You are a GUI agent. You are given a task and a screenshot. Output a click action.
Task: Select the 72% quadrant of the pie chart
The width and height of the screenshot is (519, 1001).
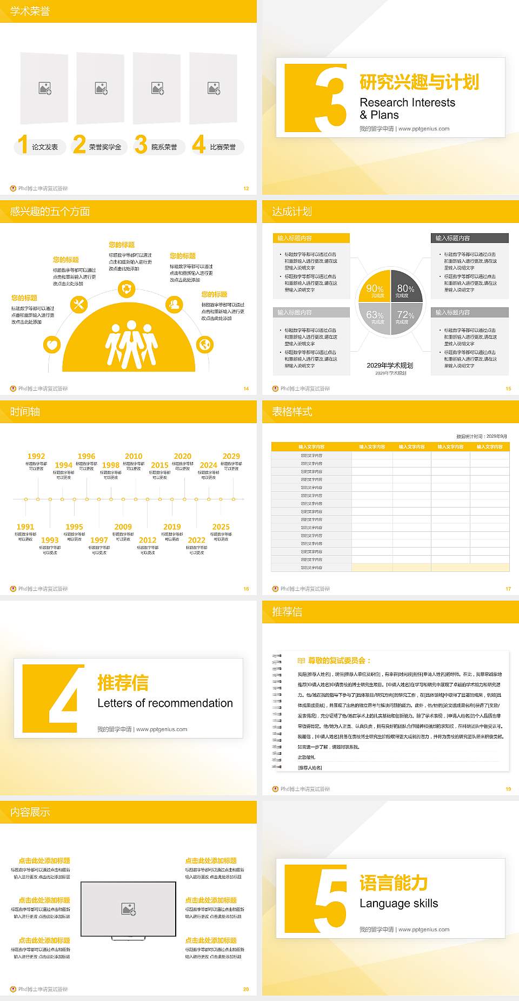pyautogui.click(x=405, y=317)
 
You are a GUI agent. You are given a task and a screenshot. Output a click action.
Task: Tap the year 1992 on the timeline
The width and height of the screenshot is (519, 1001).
pyautogui.click(x=36, y=456)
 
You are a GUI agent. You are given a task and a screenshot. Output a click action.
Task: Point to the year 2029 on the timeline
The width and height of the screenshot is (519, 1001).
pyautogui.click(x=231, y=456)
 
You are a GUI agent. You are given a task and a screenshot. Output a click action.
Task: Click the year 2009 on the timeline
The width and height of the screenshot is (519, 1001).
pyautogui.click(x=123, y=526)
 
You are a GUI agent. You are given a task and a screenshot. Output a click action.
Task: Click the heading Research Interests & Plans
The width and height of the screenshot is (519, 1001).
pyautogui.click(x=407, y=108)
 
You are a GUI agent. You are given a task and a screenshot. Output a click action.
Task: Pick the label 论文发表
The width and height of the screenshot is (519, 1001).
pyautogui.click(x=44, y=147)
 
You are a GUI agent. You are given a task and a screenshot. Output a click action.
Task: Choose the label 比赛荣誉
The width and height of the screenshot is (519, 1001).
pyautogui.click(x=223, y=147)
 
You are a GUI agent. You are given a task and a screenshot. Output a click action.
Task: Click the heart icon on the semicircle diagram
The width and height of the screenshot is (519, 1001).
pyautogui.click(x=52, y=344)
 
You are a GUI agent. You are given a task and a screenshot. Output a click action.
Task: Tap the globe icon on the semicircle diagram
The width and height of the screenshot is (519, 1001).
pyautogui.click(x=205, y=344)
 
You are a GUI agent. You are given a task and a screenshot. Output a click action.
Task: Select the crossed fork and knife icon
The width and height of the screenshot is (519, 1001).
pyautogui.click(x=79, y=305)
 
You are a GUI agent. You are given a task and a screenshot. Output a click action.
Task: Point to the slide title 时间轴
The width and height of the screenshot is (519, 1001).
pyautogui.click(x=25, y=412)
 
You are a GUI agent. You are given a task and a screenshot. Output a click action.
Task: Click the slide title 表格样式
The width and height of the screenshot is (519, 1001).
pyautogui.click(x=292, y=412)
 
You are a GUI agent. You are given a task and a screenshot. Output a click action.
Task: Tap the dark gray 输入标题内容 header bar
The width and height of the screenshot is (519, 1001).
pyautogui.click(x=470, y=238)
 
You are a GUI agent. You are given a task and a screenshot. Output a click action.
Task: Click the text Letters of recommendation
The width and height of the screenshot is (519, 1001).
pyautogui.click(x=165, y=703)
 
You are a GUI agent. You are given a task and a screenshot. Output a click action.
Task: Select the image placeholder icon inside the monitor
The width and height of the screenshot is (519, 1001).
pyautogui.click(x=129, y=908)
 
